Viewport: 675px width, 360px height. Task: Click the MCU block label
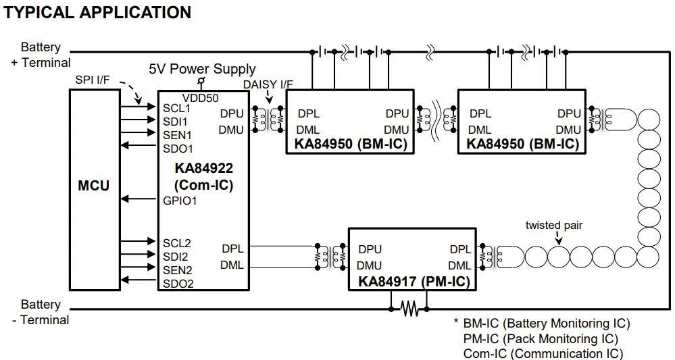point(93,186)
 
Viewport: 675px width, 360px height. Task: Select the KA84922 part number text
point(203,168)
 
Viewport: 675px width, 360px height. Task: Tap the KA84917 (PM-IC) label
point(414,282)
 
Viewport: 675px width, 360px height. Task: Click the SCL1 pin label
point(176,108)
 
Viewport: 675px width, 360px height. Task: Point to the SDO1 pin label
point(178,149)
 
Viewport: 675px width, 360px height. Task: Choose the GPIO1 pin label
point(180,201)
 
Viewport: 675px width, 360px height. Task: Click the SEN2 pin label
point(177,270)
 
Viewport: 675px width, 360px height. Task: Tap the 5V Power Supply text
point(202,69)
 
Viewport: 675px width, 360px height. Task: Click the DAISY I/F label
point(268,84)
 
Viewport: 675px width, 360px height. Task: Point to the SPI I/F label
point(93,80)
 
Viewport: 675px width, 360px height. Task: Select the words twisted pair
point(553,226)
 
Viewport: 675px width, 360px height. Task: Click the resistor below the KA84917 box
point(409,309)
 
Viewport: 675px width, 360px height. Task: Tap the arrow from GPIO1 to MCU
point(139,199)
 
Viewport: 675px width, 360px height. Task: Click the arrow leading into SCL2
point(138,241)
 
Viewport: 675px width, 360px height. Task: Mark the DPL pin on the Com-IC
point(232,249)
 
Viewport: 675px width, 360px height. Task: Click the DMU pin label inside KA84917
point(369,265)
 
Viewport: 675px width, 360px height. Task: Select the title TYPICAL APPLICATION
point(97,12)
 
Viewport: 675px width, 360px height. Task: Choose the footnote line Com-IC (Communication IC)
point(543,353)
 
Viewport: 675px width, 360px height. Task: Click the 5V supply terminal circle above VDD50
point(201,80)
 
